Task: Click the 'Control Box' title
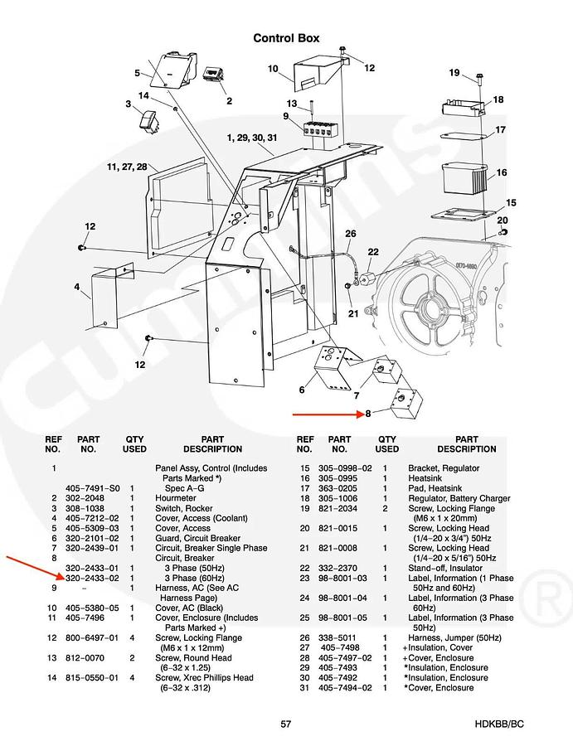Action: (x=286, y=38)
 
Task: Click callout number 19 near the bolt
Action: (x=454, y=73)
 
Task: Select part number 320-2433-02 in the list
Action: (x=92, y=578)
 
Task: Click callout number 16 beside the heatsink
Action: (x=501, y=173)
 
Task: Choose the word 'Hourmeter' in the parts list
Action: (x=178, y=498)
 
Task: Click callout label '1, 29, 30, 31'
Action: (x=251, y=137)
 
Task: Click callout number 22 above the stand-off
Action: (x=373, y=251)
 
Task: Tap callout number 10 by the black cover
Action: (x=273, y=69)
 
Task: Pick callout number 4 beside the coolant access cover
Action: (x=76, y=287)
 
